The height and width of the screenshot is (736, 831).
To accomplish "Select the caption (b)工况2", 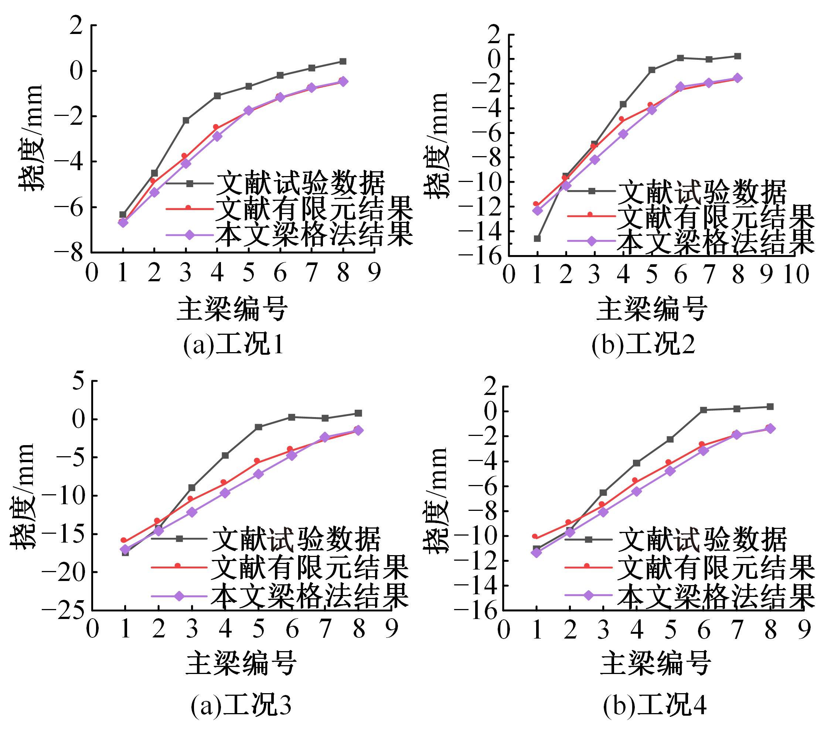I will (643, 345).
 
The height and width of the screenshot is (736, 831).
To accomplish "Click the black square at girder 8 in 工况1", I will (343, 61).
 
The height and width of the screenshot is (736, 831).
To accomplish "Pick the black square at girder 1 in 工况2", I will (537, 238).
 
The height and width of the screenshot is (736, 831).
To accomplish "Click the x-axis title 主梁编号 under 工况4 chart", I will (655, 663).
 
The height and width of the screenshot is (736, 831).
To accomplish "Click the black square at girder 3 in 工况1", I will (186, 120).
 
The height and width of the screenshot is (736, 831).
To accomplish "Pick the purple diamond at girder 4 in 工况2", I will (623, 134).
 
